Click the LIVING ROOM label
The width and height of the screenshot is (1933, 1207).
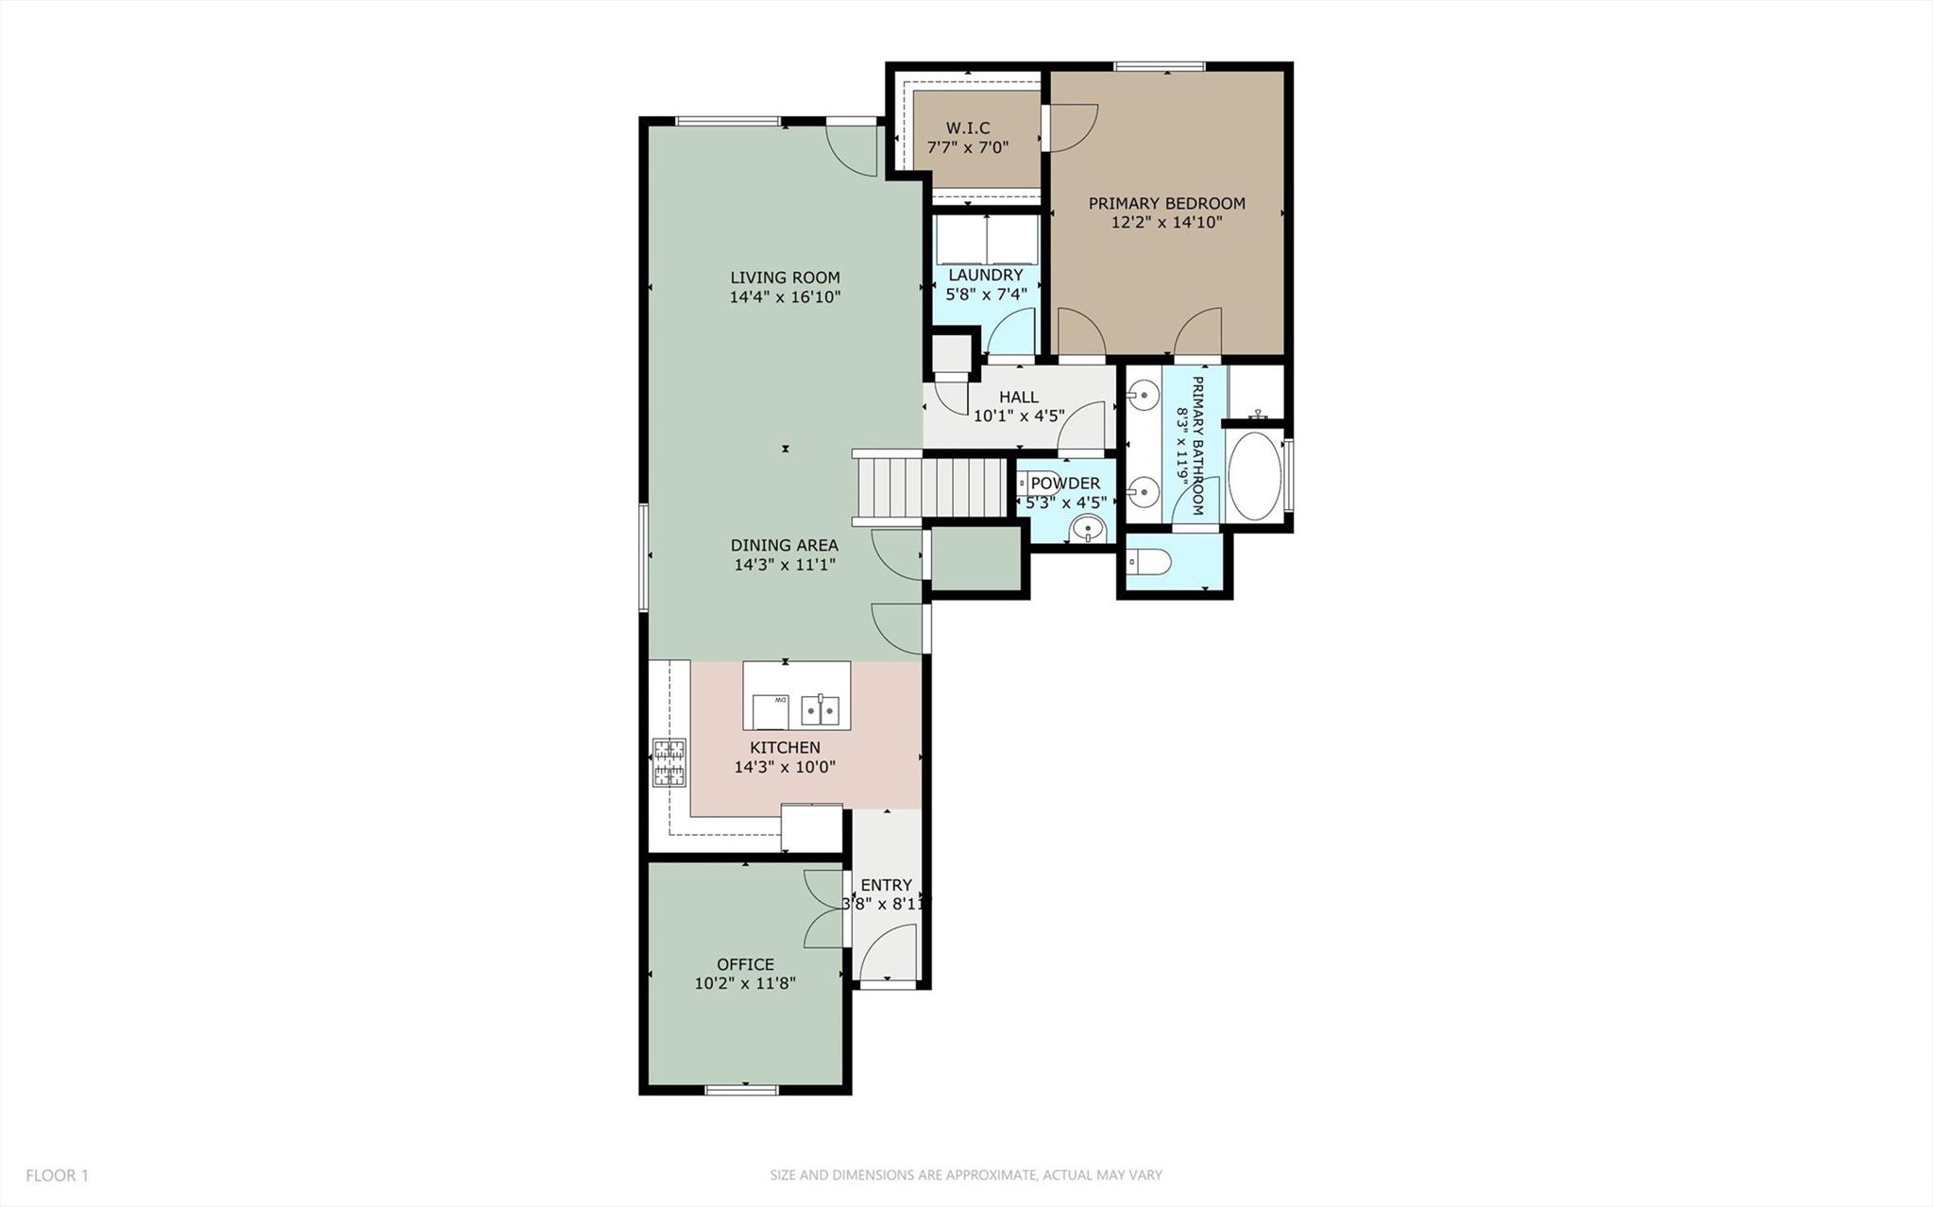785,278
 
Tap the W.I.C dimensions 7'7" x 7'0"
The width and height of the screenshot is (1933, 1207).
967,147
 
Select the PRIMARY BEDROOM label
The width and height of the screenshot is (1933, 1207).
1166,203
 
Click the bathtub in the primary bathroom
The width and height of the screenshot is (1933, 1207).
1255,476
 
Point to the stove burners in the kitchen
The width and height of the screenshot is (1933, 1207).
669,763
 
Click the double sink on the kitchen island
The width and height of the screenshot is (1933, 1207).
820,708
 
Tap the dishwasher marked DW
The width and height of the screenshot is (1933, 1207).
771,710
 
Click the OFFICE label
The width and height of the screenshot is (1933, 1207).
745,964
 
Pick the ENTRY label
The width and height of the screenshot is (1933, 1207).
886,885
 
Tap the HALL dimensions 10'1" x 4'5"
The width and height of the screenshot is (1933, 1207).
1019,416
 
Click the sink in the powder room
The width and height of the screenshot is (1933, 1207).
1088,530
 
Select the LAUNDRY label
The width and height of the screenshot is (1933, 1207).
986,275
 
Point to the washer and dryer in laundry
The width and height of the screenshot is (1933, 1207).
987,240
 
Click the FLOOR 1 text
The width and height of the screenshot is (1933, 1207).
57,1176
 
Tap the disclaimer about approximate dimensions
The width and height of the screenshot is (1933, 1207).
965,1176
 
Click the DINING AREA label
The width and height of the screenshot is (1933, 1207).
784,545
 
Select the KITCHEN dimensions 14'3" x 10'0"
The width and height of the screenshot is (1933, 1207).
785,767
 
